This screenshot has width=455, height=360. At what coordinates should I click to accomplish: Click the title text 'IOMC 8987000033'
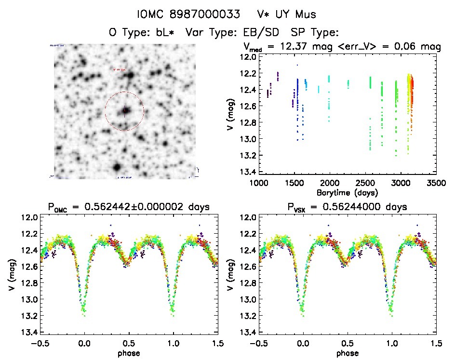(x=188, y=15)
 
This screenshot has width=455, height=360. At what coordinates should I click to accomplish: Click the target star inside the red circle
(x=125, y=111)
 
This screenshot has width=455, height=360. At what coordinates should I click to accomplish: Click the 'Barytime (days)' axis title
(x=348, y=192)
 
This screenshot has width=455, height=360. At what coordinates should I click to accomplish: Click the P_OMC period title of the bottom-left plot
(x=129, y=208)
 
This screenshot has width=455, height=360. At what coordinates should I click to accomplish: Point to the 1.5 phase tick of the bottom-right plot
(x=437, y=344)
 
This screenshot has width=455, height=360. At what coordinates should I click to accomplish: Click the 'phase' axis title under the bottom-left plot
(x=129, y=353)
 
